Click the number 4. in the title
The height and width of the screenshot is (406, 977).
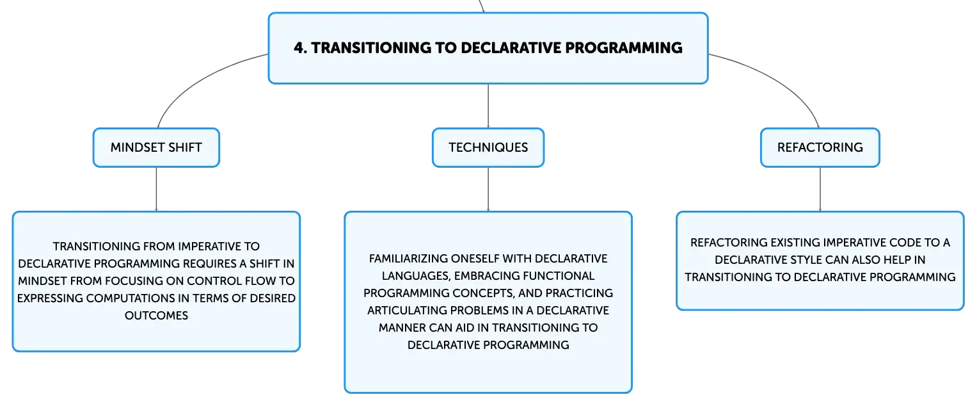coord(300,47)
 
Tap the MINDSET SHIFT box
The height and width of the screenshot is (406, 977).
coord(156,147)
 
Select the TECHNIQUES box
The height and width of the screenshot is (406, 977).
coord(488,147)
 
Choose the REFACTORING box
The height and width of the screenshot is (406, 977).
coord(820,147)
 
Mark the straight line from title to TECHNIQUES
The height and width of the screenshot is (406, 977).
coord(488,106)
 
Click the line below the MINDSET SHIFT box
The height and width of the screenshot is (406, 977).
coord(156,189)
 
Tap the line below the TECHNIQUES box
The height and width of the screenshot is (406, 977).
coord(488,189)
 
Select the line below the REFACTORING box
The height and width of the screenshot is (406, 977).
coord(820,189)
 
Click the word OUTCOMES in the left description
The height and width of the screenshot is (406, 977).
coord(156,315)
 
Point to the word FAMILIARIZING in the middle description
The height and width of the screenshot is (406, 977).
coord(408,259)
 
